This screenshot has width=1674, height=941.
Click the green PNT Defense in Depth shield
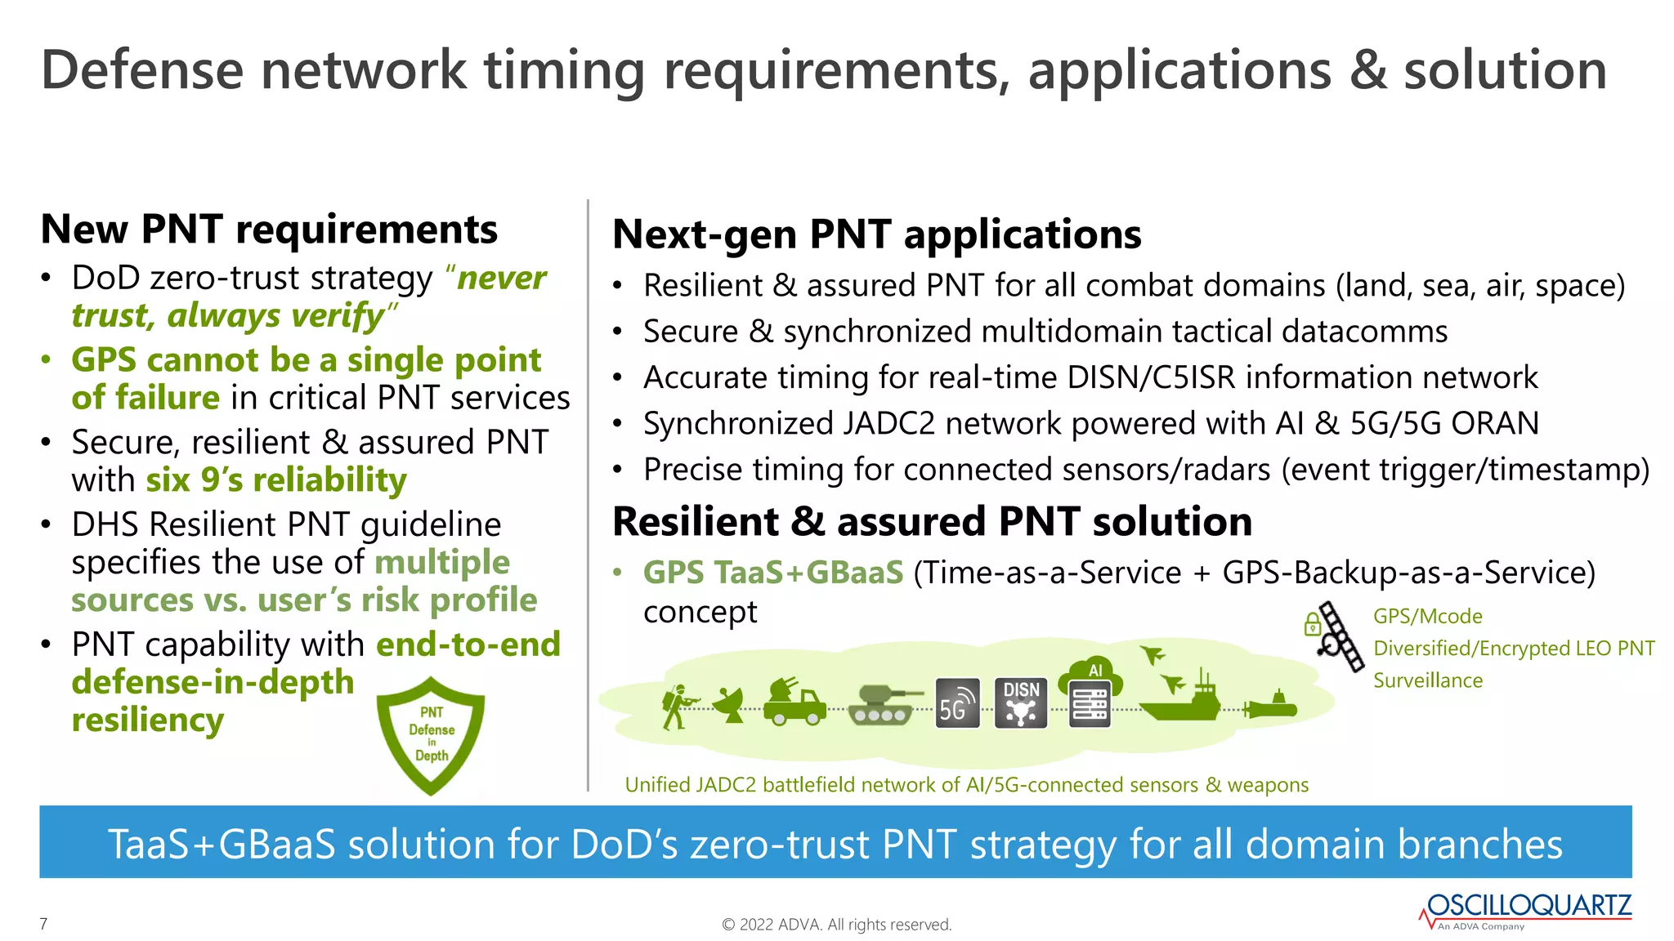pyautogui.click(x=431, y=734)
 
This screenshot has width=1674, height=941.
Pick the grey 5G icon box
pyautogui.click(x=957, y=702)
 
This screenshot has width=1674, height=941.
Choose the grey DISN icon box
pyautogui.click(x=1021, y=702)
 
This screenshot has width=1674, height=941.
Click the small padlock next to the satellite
pyautogui.click(x=1312, y=625)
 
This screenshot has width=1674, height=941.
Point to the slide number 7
pyautogui.click(x=43, y=924)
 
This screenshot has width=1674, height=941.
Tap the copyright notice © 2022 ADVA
pyautogui.click(x=836, y=925)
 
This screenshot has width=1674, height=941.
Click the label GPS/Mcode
pyautogui.click(x=1427, y=617)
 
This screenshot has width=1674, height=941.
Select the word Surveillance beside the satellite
pyautogui.click(x=1427, y=680)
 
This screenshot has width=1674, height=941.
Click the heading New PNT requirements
pyautogui.click(x=269, y=229)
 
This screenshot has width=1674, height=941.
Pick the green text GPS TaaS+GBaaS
pyautogui.click(x=772, y=573)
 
